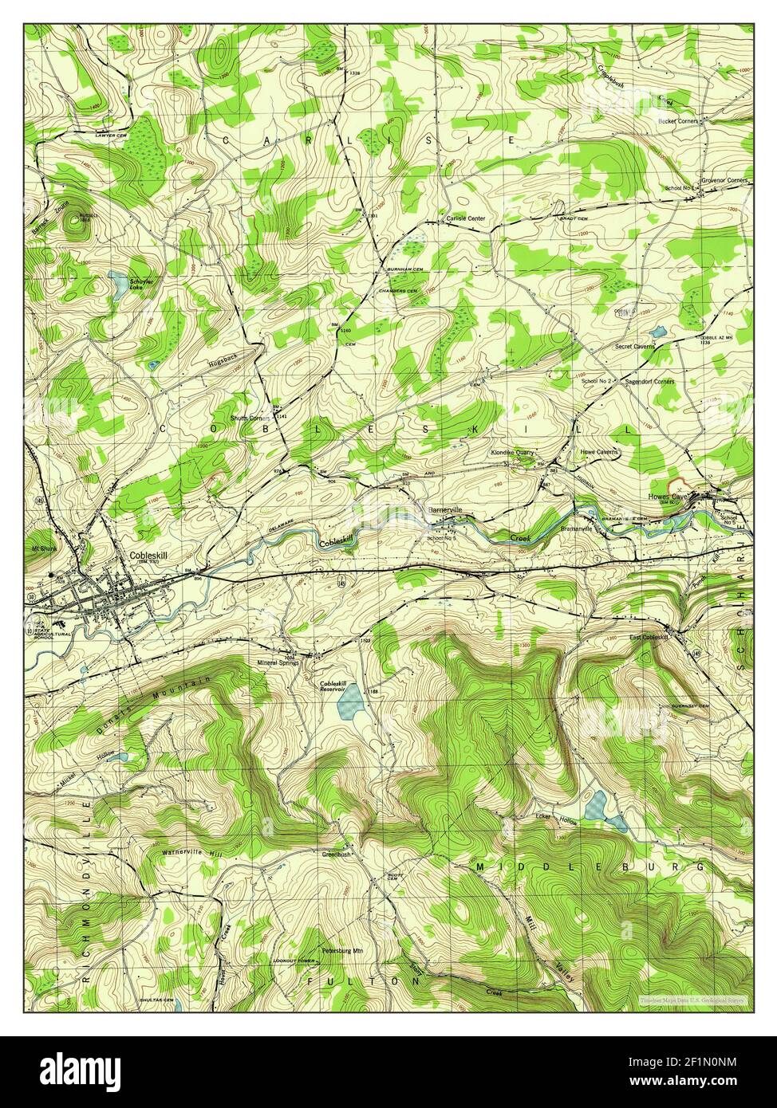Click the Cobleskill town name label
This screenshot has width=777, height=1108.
tap(148, 556)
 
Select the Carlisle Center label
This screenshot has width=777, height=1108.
tap(465, 218)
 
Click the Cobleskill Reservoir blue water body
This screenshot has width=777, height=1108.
tap(351, 702)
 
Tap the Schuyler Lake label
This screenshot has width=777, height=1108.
tap(142, 284)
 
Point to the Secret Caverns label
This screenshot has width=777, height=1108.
tap(634, 347)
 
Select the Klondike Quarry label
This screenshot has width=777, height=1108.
tap(511, 452)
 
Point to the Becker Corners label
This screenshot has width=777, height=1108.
tap(678, 120)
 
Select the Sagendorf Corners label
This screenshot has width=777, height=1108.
tap(650, 382)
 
